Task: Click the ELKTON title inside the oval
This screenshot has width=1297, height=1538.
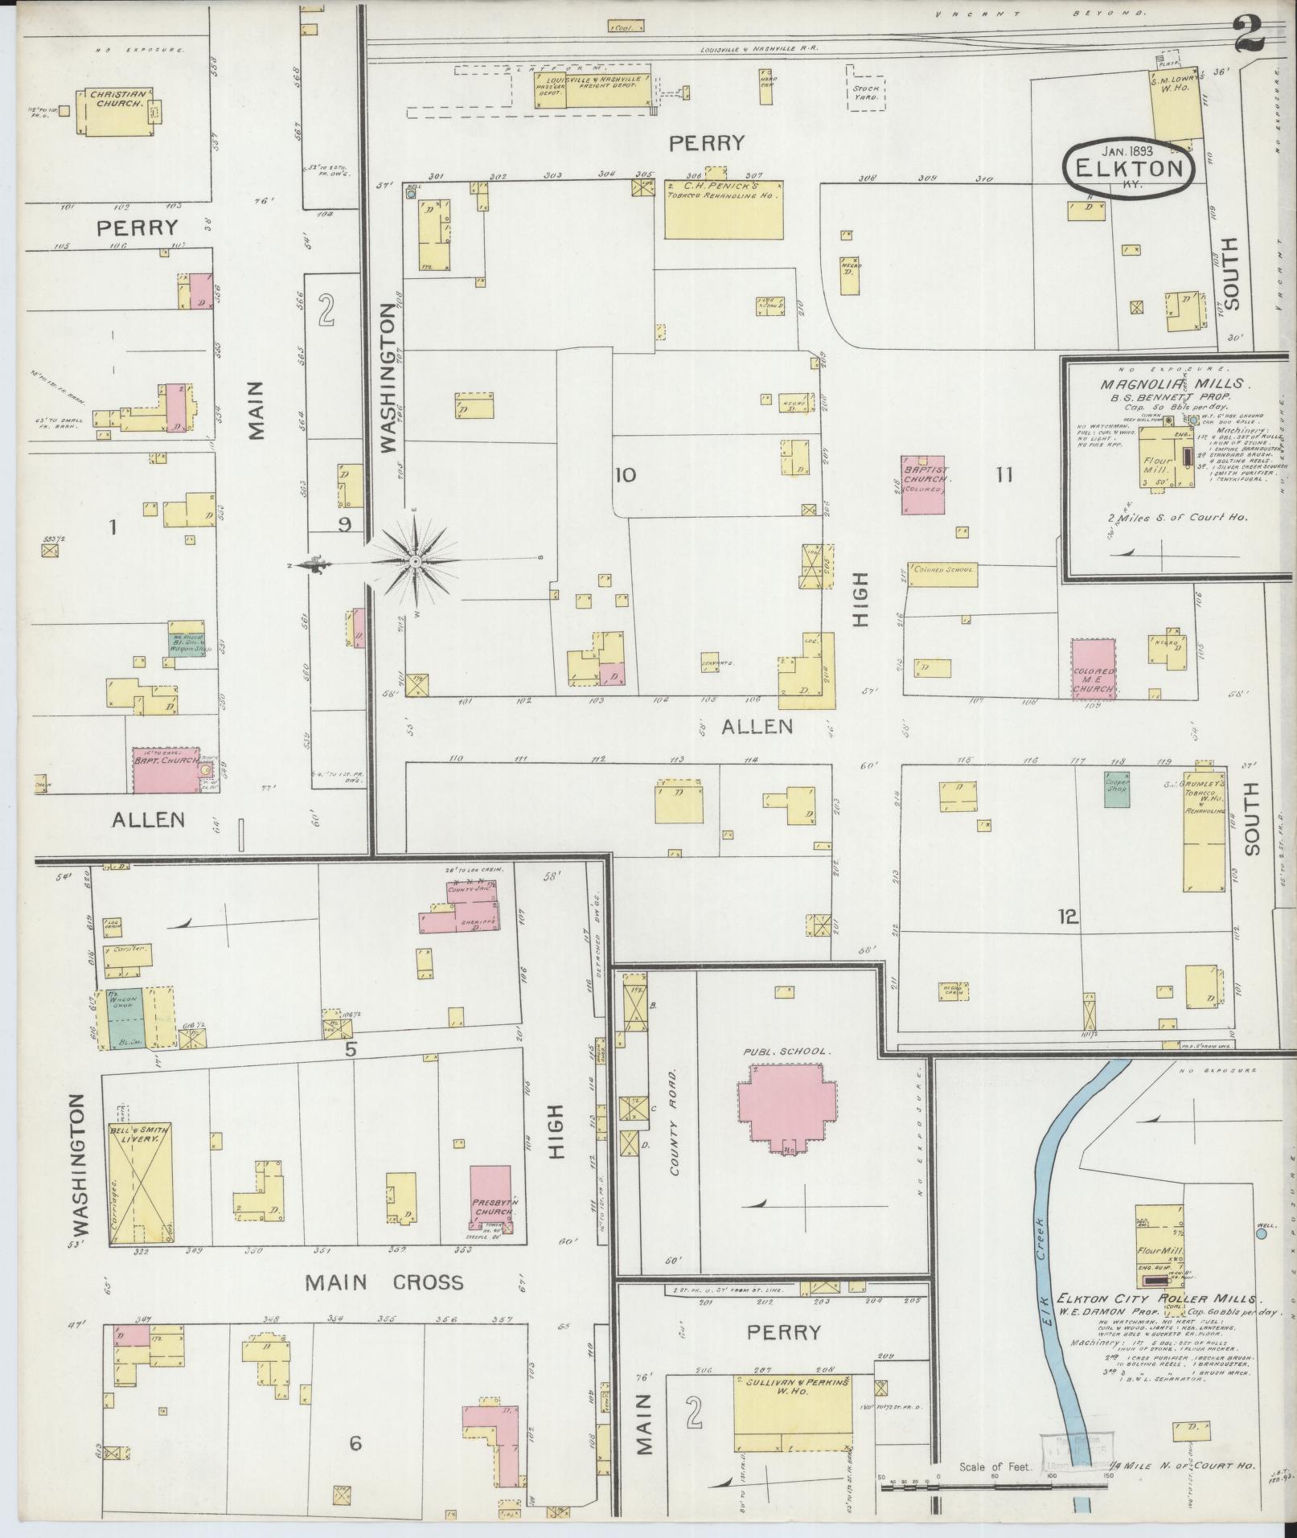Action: pyautogui.click(x=1129, y=169)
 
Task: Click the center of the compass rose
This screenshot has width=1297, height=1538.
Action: pyautogui.click(x=413, y=560)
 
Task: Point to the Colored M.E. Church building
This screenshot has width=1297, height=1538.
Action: pyautogui.click(x=1093, y=667)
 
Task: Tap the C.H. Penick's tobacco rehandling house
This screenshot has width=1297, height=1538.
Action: pyautogui.click(x=723, y=210)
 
